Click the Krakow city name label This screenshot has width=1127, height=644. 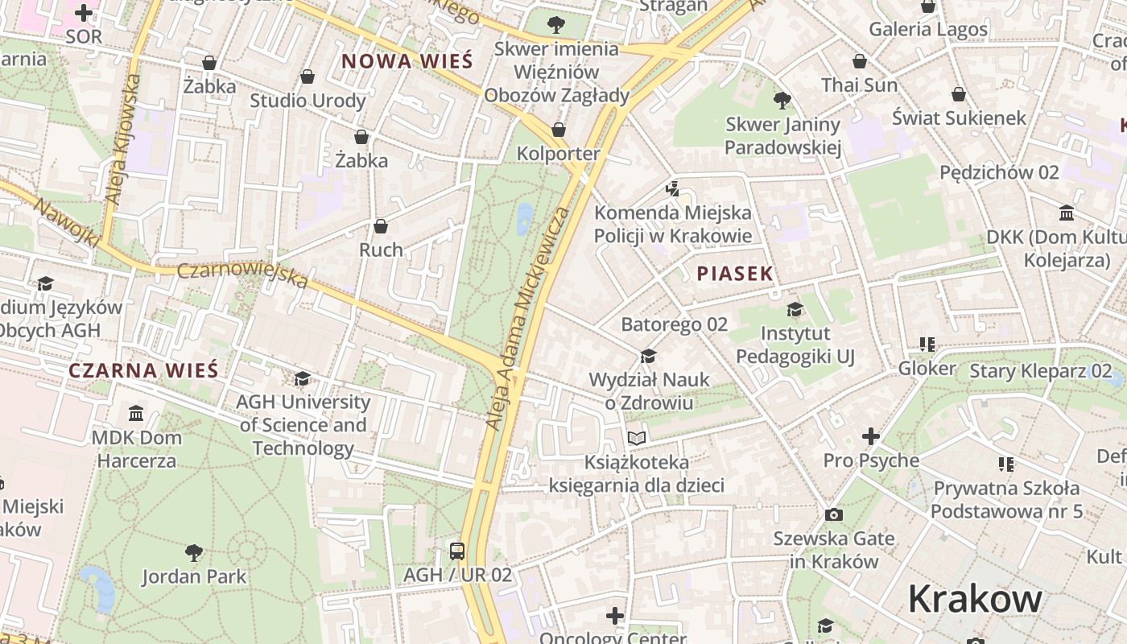975,600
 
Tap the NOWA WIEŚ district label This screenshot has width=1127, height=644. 407,61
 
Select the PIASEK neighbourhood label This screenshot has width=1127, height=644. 735,274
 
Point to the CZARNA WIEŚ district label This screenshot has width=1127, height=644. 143,370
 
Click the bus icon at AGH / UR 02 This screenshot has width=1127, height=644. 457,551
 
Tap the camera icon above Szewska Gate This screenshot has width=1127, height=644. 834,514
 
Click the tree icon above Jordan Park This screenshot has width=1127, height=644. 193,553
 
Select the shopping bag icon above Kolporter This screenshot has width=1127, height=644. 559,130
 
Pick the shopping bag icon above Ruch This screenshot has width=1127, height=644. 381,226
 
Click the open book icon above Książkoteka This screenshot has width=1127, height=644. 637,439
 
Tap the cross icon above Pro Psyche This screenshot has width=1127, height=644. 870,436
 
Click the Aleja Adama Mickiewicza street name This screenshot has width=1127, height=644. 528,318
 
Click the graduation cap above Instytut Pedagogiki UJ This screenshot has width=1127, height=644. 795,310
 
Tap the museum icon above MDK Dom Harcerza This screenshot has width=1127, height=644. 136,414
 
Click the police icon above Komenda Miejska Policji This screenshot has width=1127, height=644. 672,189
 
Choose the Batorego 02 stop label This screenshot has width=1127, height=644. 674,324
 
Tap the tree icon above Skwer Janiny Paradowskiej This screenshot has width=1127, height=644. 782,101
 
